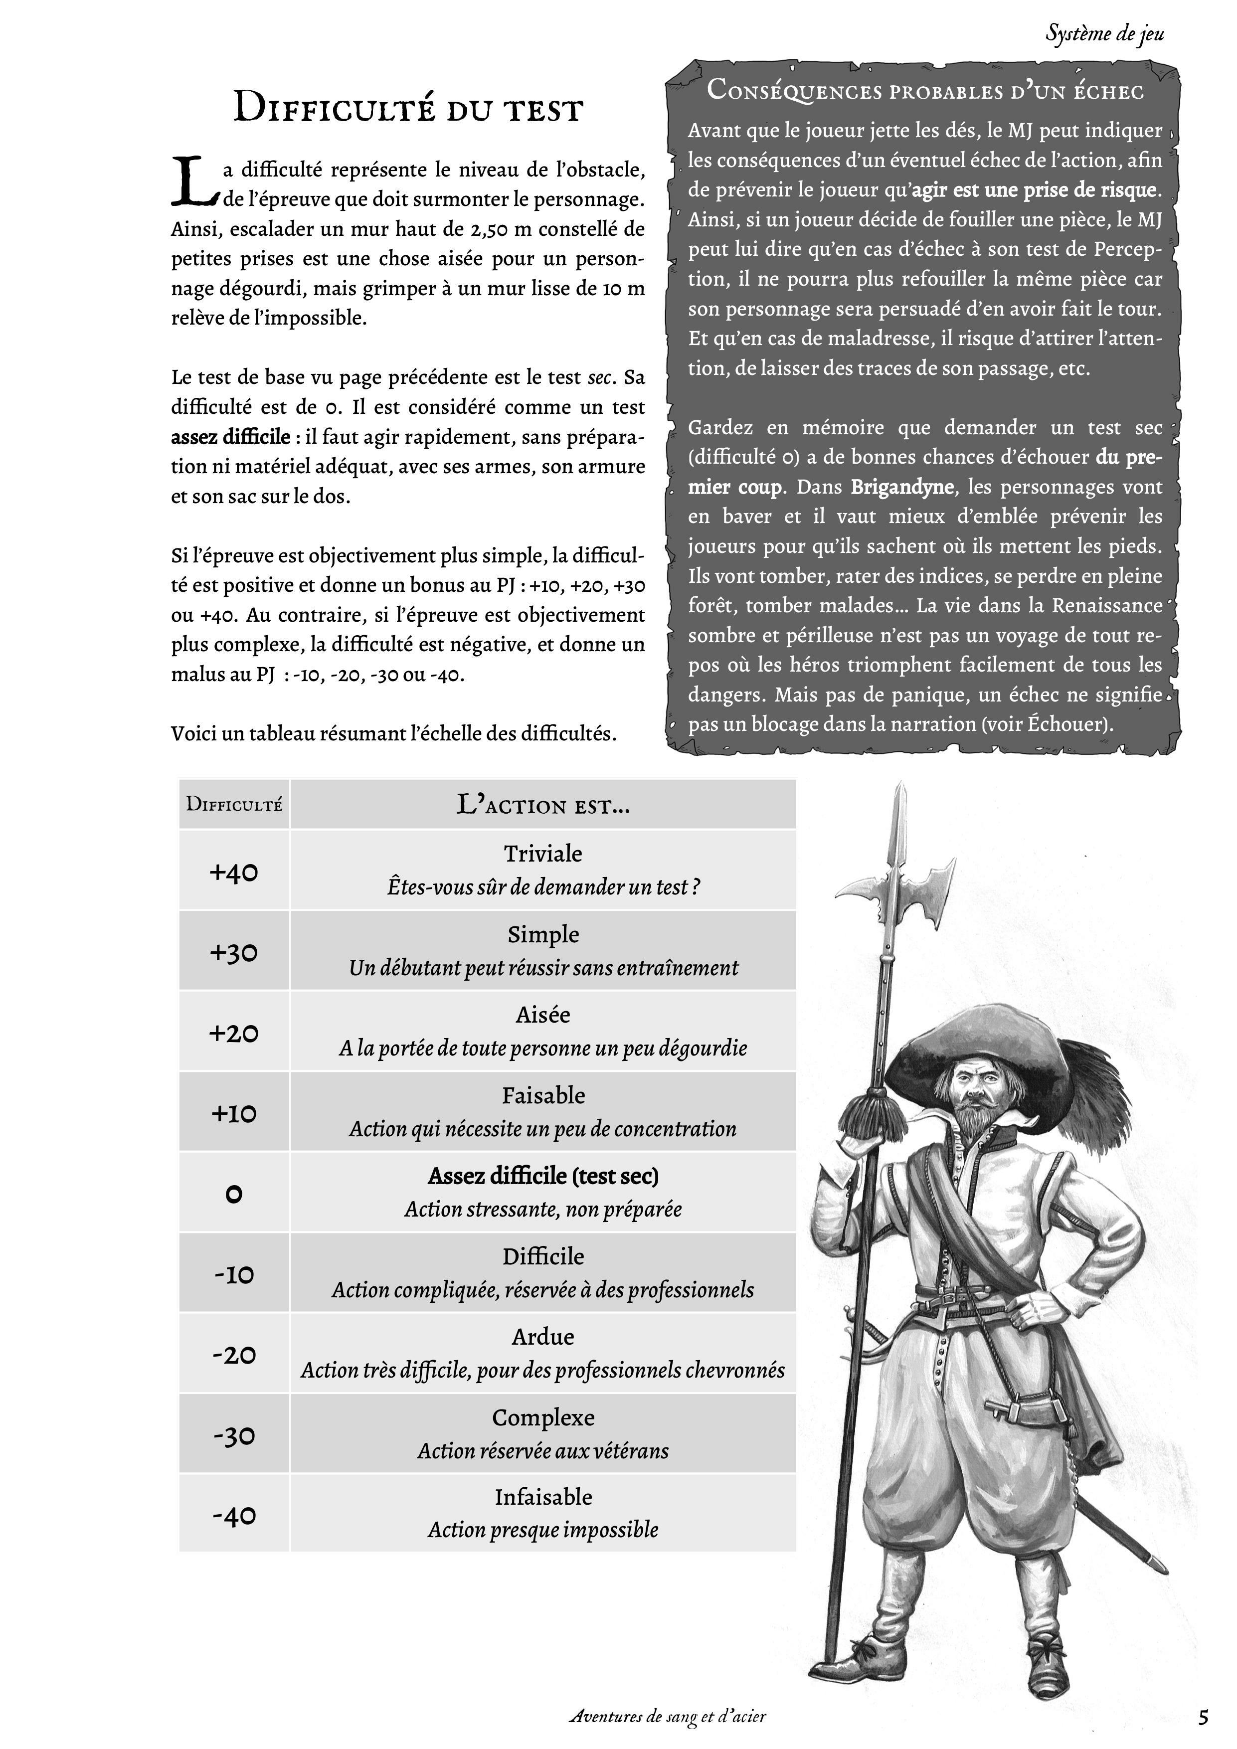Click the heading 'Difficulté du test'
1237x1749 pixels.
coord(407,107)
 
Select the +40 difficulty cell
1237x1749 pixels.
coord(234,872)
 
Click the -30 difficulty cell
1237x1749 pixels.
coord(234,1435)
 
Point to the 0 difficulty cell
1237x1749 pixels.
coord(234,1194)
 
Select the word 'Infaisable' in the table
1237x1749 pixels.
coord(543,1497)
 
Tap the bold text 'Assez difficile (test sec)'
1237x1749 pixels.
coord(543,1176)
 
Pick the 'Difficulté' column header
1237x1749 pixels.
coord(234,804)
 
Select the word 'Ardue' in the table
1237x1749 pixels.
coord(543,1337)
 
